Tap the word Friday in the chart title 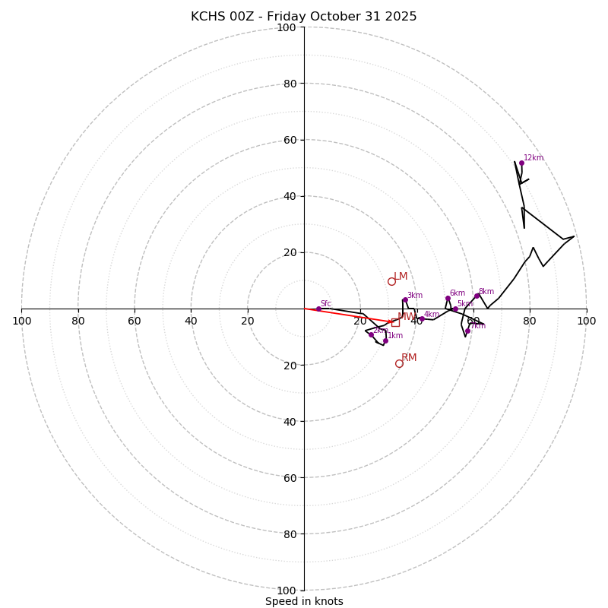coord(286,17)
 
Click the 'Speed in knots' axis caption coord(304,601)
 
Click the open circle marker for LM coord(391,281)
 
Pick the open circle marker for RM coord(399,363)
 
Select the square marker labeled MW coord(395,322)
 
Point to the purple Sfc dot coord(318,309)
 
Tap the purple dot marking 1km coord(385,340)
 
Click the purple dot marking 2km coord(371,334)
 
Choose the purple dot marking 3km coord(405,299)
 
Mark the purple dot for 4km coord(422,318)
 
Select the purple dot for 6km coord(448,298)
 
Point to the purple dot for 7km coord(467,331)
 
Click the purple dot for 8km coord(477,296)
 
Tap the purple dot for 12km coord(521,163)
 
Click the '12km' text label coord(534,158)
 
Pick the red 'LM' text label coord(401,277)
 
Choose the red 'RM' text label coord(409,358)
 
